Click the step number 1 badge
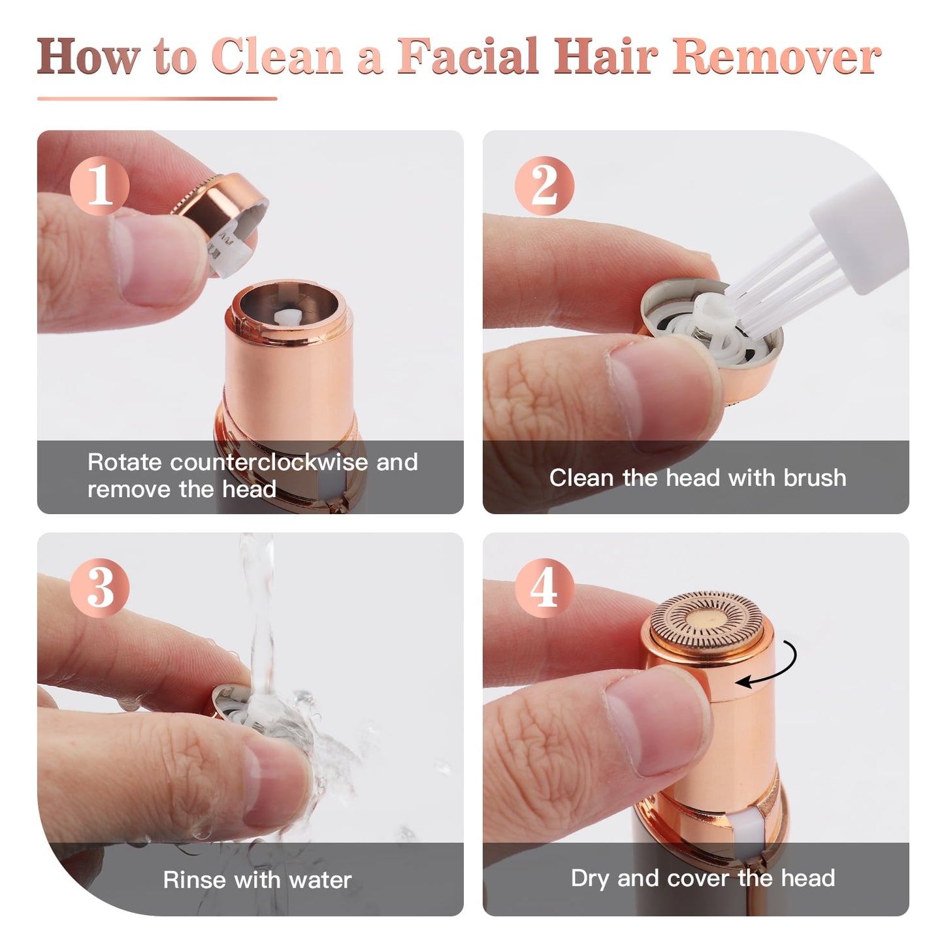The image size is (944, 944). click(99, 186)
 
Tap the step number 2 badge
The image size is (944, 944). click(544, 186)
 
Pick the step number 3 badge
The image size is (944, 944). click(99, 587)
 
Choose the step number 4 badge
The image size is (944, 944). click(544, 587)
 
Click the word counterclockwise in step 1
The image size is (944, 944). click(269, 462)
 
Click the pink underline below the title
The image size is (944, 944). click(157, 99)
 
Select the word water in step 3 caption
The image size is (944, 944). click(320, 880)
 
